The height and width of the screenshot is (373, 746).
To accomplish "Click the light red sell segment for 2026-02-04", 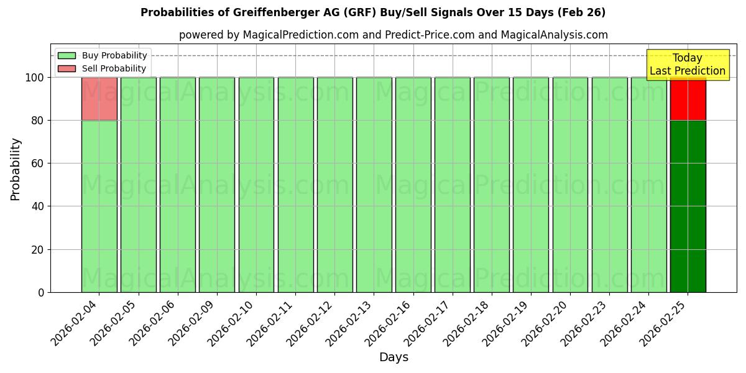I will tap(99, 98).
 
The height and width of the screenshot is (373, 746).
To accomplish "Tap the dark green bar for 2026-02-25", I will tap(688, 206).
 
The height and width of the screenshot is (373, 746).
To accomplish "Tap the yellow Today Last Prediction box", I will tap(687, 65).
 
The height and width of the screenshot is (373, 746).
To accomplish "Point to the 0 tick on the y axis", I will tap(41, 292).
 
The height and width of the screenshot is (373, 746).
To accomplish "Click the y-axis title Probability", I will tap(16, 168).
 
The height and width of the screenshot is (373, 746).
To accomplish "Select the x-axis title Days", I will tap(394, 357).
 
